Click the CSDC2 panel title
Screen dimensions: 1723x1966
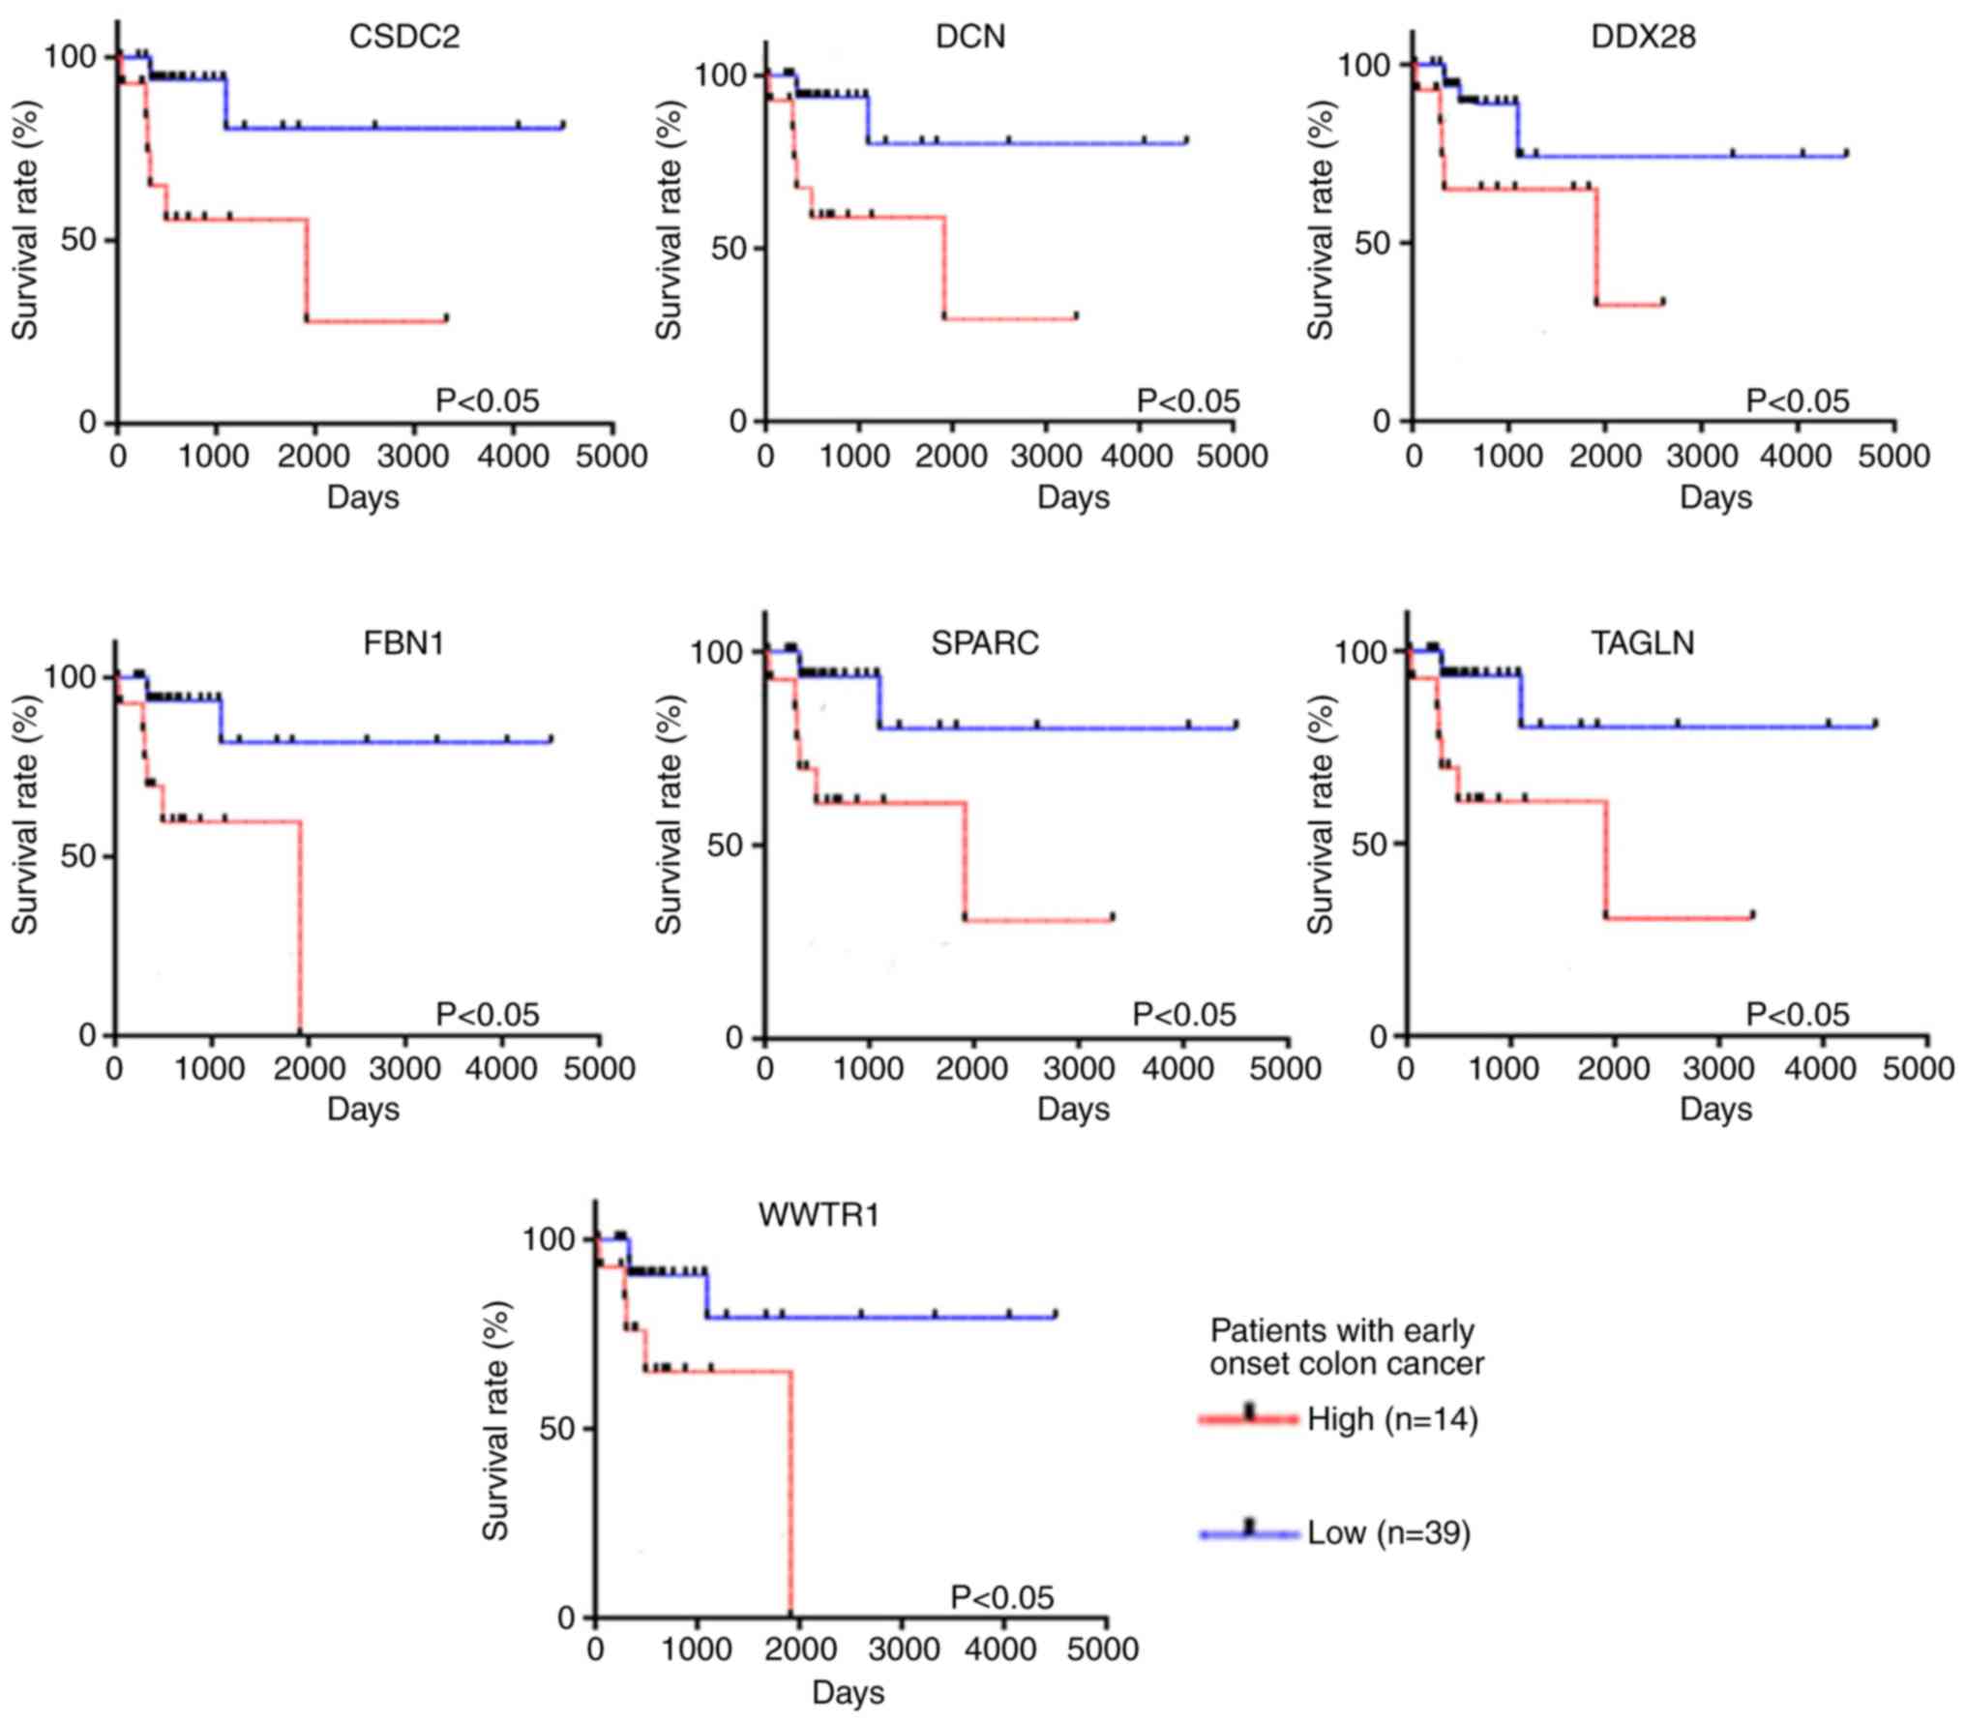(404, 37)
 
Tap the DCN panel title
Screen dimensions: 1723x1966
(970, 37)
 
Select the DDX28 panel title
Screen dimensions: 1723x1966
(1643, 37)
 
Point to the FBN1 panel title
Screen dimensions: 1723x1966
(403, 643)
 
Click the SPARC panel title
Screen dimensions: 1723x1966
(984, 643)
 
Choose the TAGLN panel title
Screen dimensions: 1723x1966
(1643, 643)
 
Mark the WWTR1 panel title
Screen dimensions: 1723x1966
(819, 1215)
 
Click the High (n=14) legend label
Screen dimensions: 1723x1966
(1392, 1420)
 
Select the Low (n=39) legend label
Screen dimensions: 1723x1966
(1388, 1533)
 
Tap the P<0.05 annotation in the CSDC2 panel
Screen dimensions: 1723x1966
(487, 401)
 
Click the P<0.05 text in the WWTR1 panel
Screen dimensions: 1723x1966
(1002, 1598)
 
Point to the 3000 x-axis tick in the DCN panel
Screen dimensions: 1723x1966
(1046, 456)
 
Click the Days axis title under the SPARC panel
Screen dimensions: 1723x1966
(1073, 1109)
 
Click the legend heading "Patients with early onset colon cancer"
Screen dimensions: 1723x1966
(1346, 1348)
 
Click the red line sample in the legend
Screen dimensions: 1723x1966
(1248, 1419)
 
